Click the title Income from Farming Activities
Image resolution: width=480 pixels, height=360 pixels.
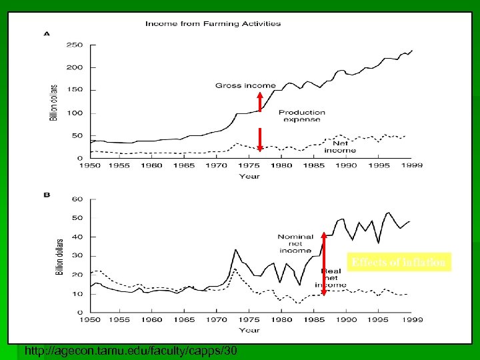pos(213,24)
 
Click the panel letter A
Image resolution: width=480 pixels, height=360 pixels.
pos(47,33)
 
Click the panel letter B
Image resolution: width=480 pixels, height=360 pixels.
pos(47,195)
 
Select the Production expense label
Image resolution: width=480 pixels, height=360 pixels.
pos(302,116)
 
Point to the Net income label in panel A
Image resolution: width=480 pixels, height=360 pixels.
pos(340,147)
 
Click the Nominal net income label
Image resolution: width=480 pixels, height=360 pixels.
pos(295,244)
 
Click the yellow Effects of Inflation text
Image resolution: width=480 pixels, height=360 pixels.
pos(399,263)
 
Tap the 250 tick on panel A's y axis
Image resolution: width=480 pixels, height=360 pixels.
pos(75,45)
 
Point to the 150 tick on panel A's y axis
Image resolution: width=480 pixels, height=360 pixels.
pos(75,91)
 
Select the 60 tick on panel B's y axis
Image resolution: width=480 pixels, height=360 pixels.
pos(77,199)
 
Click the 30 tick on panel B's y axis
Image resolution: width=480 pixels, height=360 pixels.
pos(77,256)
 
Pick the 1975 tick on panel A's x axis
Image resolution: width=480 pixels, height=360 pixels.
pos(249,165)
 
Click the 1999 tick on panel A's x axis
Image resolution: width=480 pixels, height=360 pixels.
pos(412,165)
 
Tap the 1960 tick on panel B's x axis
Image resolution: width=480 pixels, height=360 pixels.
pos(152,319)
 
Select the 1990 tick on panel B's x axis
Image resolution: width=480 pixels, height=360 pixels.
pos(347,319)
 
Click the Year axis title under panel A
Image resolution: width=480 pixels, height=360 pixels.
pos(249,176)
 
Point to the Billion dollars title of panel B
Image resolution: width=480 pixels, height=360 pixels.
pos(59,256)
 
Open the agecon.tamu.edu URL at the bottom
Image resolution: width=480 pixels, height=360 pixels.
pos(129,351)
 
